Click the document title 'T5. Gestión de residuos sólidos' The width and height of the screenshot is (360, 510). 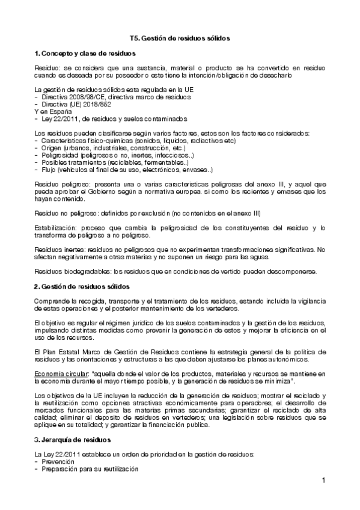pos(180,37)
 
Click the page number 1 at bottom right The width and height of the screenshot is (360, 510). pos(323,481)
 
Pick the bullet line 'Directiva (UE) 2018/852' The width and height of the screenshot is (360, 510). pos(76,104)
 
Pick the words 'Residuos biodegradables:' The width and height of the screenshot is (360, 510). pos(69,271)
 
